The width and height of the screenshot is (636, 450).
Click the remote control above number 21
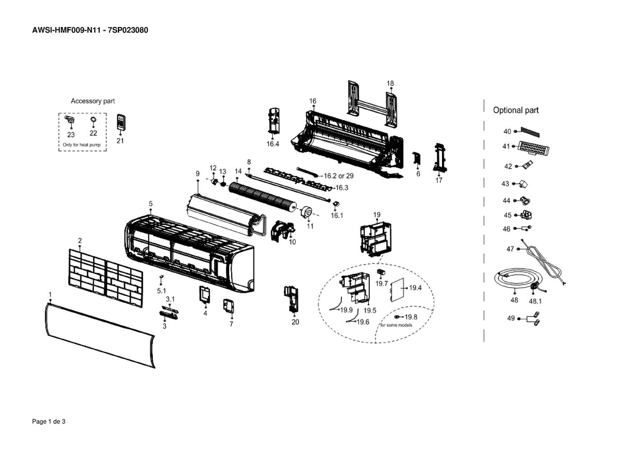point(121,122)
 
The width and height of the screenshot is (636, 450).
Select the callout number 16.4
point(273,144)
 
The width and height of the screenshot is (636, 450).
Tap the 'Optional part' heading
point(516,110)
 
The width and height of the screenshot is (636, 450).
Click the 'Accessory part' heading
point(92,101)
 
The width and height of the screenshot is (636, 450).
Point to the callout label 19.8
point(411,317)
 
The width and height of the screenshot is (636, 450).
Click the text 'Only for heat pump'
point(82,145)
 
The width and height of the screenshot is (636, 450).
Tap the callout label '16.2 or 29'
point(339,176)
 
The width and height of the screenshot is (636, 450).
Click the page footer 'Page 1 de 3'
point(49,422)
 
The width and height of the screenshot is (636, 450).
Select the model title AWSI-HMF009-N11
point(66,30)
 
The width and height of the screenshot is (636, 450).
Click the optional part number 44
point(506,201)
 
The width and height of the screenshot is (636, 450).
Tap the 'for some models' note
point(396,325)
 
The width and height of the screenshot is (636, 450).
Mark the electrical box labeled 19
point(375,239)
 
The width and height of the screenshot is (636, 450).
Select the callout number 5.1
point(161,291)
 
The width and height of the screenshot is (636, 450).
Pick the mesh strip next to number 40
point(530,132)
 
